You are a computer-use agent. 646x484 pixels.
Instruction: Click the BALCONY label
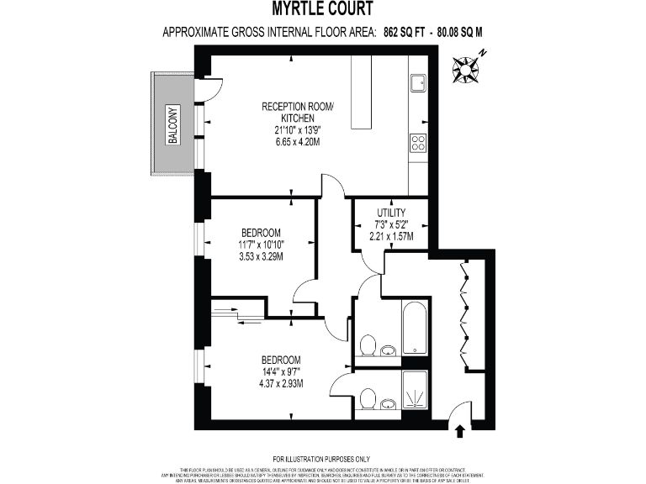[x=173, y=124]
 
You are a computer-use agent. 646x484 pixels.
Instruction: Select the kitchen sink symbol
[x=418, y=82]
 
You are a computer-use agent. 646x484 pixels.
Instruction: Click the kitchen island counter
[x=361, y=92]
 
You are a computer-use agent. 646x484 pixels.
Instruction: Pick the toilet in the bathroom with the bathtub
[x=367, y=345]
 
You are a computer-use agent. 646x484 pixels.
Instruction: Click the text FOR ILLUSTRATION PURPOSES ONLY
[x=323, y=457]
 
